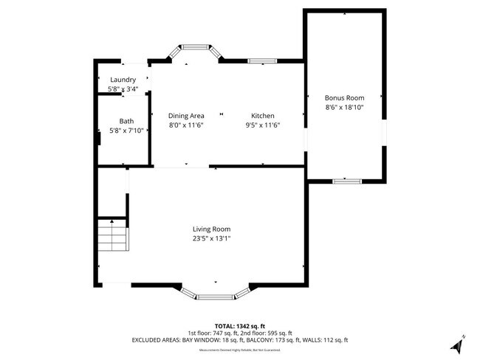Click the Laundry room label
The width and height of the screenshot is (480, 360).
[x=123, y=80]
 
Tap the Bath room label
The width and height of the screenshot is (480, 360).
[x=126, y=121]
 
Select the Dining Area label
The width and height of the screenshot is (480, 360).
[x=186, y=116]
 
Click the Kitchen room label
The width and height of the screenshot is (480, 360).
[x=263, y=116]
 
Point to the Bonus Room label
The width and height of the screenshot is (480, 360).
[x=344, y=97]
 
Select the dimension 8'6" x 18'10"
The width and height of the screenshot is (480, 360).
[x=344, y=107]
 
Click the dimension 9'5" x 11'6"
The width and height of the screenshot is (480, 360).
[x=263, y=125]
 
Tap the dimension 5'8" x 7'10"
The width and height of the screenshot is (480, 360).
[x=126, y=131]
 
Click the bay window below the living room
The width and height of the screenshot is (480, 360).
[x=215, y=295]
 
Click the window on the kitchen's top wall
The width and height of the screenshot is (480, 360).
[x=261, y=60]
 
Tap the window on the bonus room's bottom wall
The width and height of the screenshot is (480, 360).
[x=345, y=180]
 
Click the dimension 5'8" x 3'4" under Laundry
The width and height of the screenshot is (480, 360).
[x=123, y=89]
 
